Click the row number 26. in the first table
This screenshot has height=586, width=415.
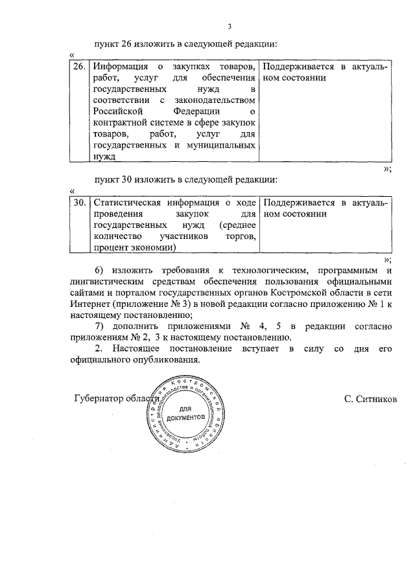tap(78, 67)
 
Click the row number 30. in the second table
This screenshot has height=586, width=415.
tap(78, 202)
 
